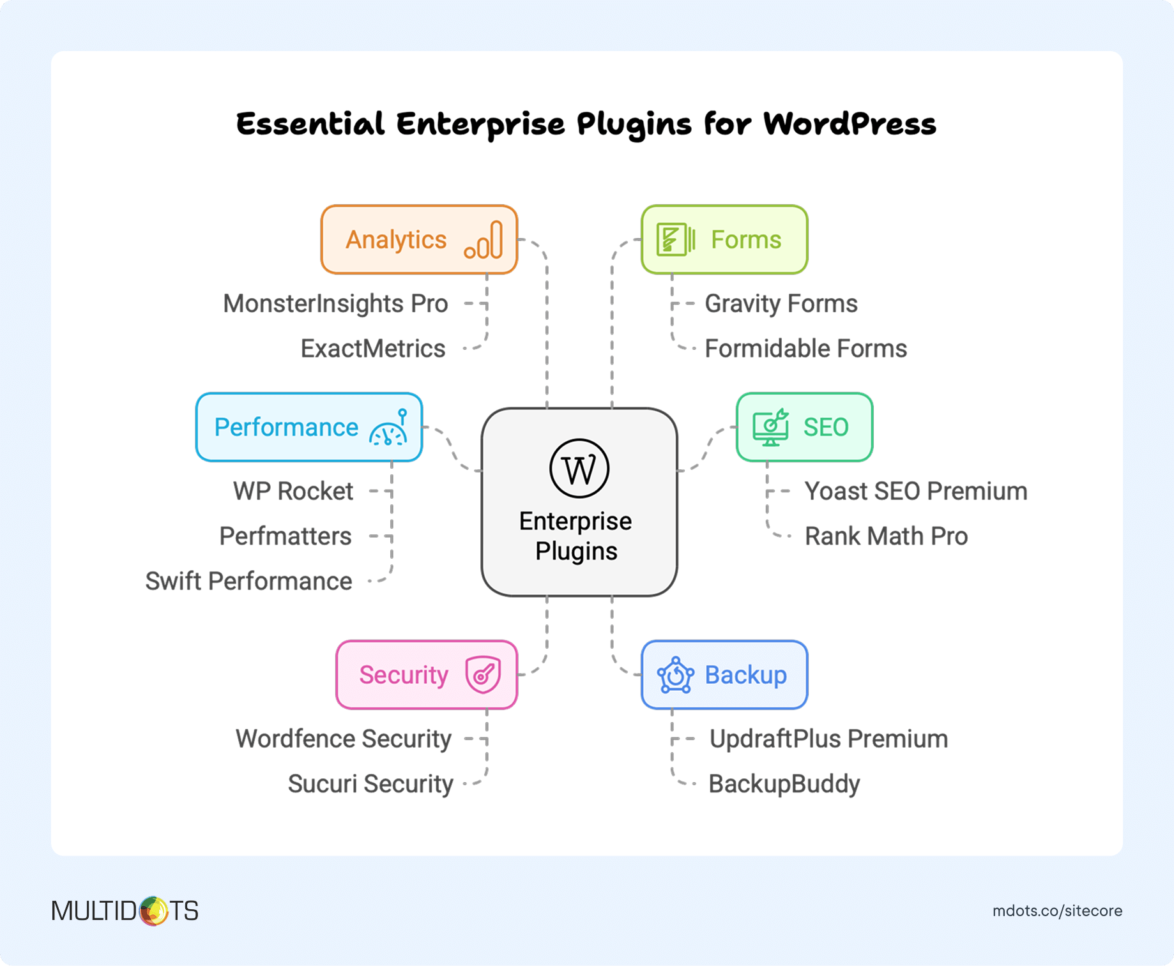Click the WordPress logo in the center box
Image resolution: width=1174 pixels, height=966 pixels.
click(579, 468)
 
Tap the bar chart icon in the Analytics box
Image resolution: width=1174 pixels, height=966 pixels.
click(484, 240)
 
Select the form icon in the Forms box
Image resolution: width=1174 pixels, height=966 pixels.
click(675, 239)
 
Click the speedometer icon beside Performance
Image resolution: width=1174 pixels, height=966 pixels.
click(388, 428)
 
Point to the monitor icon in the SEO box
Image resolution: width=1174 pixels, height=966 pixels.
click(770, 427)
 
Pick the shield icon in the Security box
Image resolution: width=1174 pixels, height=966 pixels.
click(483, 674)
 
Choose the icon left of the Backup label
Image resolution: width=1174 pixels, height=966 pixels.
click(675, 675)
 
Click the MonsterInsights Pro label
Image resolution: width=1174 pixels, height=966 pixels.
click(335, 304)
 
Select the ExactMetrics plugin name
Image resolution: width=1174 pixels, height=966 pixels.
click(373, 349)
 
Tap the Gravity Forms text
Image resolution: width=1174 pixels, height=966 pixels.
click(781, 304)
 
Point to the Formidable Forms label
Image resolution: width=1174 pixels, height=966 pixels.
click(805, 349)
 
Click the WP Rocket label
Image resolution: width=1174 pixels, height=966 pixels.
click(293, 491)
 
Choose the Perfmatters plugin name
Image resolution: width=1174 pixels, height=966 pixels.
click(286, 536)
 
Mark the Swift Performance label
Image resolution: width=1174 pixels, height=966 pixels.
click(248, 581)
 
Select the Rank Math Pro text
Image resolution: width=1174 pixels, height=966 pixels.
click(886, 536)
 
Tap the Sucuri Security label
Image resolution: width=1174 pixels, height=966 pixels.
click(370, 783)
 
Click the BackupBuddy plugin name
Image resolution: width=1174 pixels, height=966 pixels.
click(784, 783)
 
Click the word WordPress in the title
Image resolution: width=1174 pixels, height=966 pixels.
click(850, 123)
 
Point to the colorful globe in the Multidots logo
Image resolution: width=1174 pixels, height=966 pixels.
click(153, 910)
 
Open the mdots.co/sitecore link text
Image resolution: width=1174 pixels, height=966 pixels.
click(1057, 911)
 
